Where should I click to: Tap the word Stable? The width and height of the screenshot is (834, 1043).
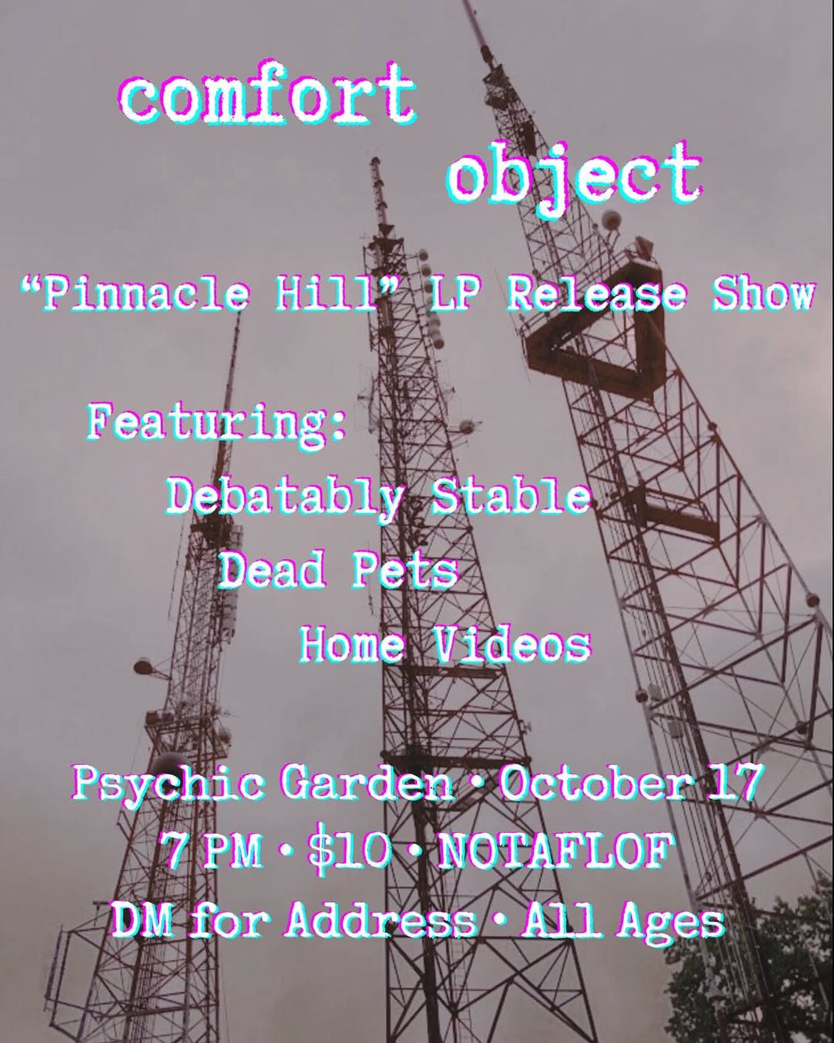pos(510,497)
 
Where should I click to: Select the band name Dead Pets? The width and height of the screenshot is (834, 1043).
pos(339,571)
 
